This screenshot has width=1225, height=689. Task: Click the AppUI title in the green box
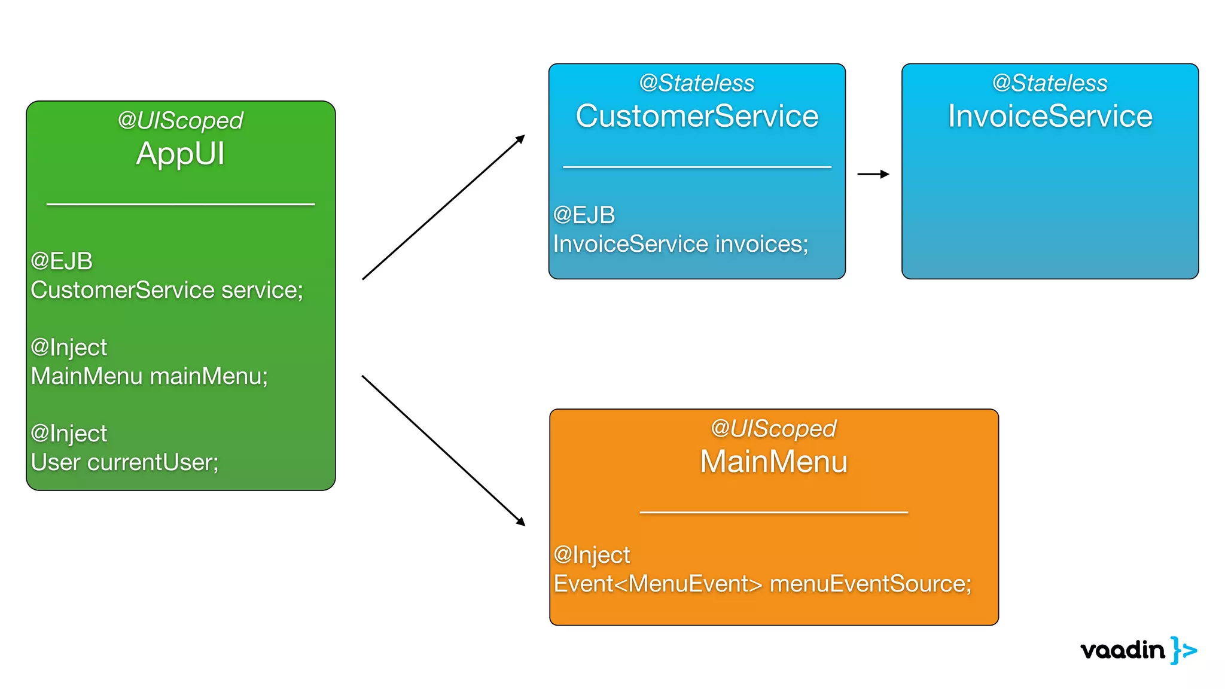coord(180,154)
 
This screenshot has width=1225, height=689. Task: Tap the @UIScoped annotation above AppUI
coord(180,121)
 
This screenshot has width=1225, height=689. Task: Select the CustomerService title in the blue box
coord(697,116)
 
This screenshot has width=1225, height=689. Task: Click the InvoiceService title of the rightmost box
coord(1050,116)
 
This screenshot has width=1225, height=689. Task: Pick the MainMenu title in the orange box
coord(773,462)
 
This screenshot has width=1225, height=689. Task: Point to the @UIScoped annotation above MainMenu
coord(773,428)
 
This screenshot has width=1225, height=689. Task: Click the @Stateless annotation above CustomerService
coord(697,83)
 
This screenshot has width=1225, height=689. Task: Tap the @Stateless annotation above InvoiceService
coord(1050,83)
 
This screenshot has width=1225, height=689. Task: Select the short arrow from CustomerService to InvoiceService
coord(873,174)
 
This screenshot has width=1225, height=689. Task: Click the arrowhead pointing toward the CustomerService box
coord(520,139)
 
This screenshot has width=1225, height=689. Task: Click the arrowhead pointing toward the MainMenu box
coord(520,522)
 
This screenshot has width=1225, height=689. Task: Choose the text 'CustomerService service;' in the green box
coord(167,290)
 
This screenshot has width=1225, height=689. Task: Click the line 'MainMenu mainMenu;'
coord(149,376)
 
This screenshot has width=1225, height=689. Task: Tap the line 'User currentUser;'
coord(124,462)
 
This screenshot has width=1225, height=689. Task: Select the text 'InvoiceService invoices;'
coord(680,244)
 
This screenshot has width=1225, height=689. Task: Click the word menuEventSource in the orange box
coord(870,584)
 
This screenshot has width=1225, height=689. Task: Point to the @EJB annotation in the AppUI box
coord(62,261)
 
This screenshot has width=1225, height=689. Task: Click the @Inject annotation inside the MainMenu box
coord(592,555)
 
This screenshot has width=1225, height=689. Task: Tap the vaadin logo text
coord(1123,650)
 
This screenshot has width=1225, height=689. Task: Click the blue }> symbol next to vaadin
coord(1184,650)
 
